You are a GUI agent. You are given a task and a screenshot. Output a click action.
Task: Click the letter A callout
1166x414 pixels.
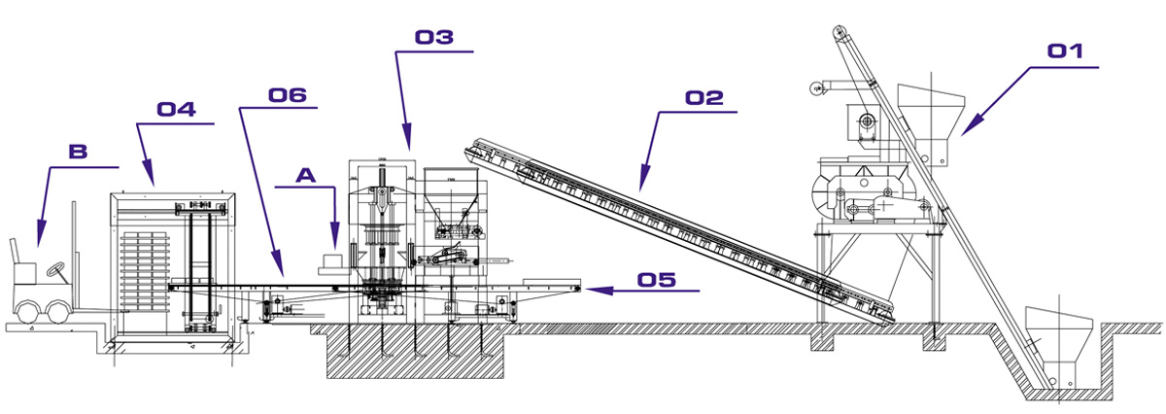point(306,176)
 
